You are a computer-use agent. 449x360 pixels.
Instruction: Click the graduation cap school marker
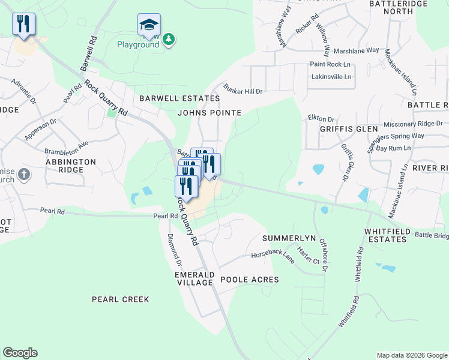[149, 25]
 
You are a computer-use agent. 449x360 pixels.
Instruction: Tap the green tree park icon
[169, 39]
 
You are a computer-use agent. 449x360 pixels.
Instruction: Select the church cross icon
[23, 175]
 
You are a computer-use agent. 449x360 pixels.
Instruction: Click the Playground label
[138, 45]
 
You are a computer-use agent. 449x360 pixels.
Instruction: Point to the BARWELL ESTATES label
[179, 98]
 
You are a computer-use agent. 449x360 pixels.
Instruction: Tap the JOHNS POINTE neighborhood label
[209, 113]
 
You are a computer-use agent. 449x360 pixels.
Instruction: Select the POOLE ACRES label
[249, 280]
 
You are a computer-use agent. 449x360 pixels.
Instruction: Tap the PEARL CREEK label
[120, 299]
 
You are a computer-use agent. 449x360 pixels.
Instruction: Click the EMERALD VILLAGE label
[194, 278]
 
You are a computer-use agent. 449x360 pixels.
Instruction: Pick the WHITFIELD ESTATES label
[388, 235]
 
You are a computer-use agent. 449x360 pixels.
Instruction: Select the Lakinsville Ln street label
[331, 77]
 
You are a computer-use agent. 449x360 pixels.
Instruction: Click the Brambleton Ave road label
[66, 148]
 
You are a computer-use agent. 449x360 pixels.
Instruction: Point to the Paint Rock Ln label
[330, 64]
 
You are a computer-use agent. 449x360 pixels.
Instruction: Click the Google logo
[20, 353]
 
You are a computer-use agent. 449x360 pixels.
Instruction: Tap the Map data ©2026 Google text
[411, 355]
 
